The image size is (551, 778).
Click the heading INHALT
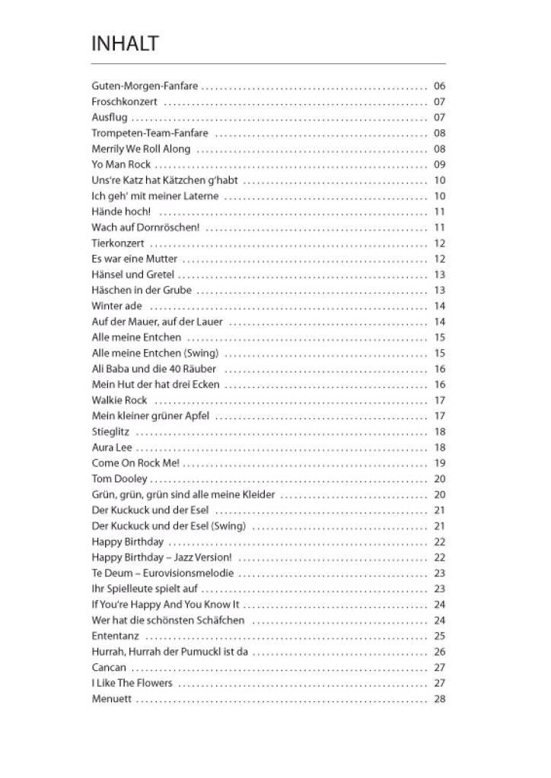coord(125,44)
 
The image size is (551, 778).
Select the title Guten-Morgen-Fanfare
coord(145,86)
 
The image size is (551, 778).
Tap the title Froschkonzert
coord(124,102)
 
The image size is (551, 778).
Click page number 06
coord(439,86)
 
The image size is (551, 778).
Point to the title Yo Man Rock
coord(121,165)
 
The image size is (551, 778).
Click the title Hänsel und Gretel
coord(132,275)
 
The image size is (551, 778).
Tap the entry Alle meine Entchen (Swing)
coord(154,353)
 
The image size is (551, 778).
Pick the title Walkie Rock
coord(119,400)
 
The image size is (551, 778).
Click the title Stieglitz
coord(108,432)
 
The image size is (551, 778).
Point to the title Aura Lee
coord(112,447)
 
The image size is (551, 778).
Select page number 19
coord(439,463)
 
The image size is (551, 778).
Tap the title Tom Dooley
coord(119,479)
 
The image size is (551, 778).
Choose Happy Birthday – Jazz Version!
coord(161,557)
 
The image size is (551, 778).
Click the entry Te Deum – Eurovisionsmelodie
coord(162,573)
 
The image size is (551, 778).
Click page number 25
coord(439,636)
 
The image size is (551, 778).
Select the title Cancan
coord(109,668)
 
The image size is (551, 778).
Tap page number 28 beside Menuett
coord(439,699)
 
